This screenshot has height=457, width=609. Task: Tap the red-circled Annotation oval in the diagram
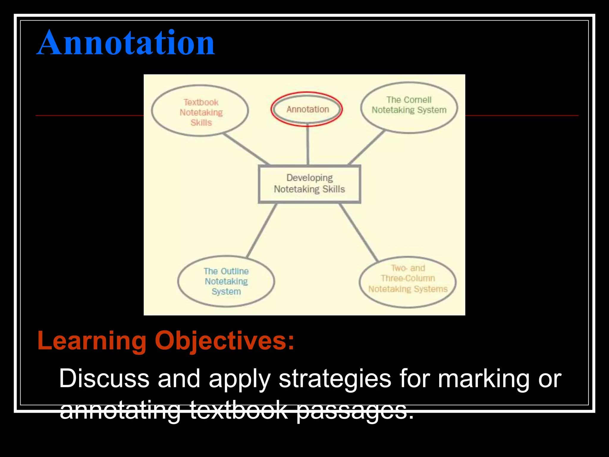point(307,109)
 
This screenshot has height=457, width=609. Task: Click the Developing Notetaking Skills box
point(309,184)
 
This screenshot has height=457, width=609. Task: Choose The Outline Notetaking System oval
point(226,281)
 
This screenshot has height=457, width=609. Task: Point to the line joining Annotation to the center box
point(308,146)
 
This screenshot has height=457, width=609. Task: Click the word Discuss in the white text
point(104,378)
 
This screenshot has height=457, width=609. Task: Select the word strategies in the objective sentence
point(335,378)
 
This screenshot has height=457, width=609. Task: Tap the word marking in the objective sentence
point(484,378)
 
